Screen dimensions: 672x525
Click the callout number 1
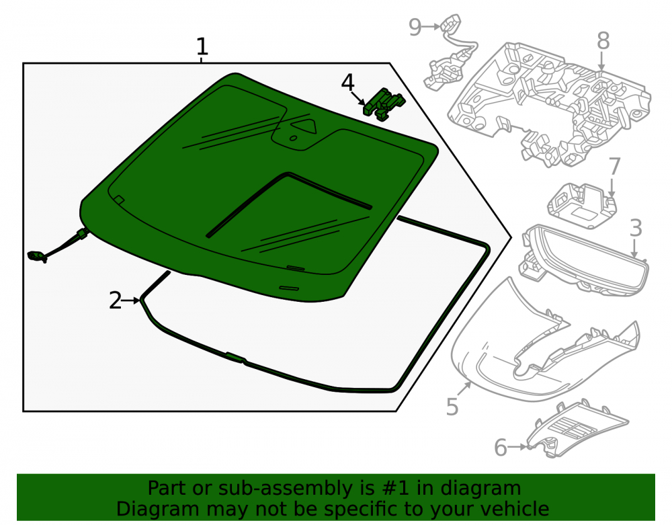[x=202, y=46]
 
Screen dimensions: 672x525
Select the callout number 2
[x=116, y=300]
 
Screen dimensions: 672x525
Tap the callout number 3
[x=636, y=228]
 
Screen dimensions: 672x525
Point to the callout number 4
[x=347, y=82]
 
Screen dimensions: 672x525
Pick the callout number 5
[x=452, y=406]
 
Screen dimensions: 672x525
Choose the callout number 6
[x=501, y=448]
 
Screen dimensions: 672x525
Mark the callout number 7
[x=614, y=166]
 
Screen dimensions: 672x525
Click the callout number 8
[x=603, y=41]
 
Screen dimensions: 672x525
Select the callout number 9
[x=415, y=27]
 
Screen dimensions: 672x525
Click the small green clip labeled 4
[x=384, y=104]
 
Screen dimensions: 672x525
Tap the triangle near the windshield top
[x=304, y=126]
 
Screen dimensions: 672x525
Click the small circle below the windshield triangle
[x=293, y=138]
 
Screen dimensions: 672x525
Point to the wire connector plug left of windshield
[x=37, y=256]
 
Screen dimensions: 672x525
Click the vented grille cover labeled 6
[x=577, y=430]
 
